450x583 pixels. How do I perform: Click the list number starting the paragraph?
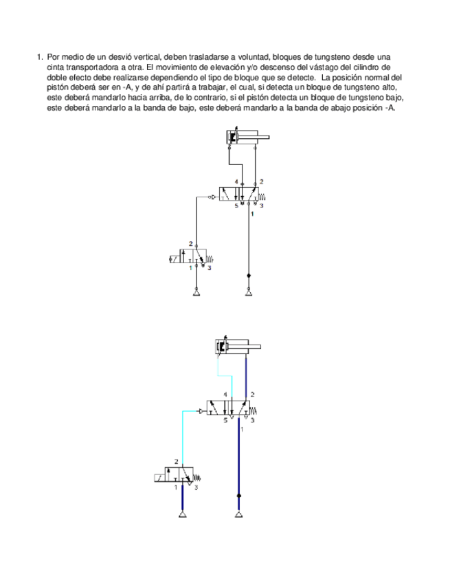(39, 57)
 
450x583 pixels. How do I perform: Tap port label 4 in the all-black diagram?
(236, 181)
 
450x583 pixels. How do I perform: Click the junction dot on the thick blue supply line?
(238, 495)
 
